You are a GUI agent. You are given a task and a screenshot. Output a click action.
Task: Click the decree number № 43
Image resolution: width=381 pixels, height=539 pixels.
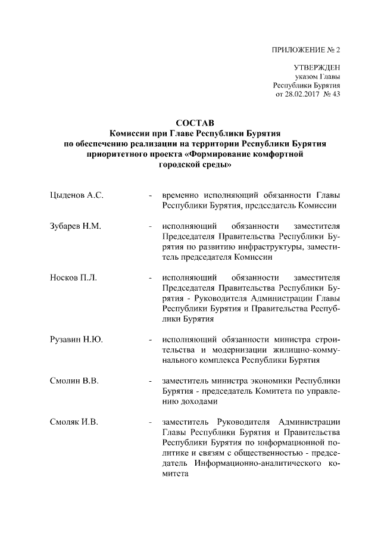point(331,95)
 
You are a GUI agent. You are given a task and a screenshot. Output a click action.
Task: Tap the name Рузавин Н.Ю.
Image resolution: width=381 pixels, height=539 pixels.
point(76,339)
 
